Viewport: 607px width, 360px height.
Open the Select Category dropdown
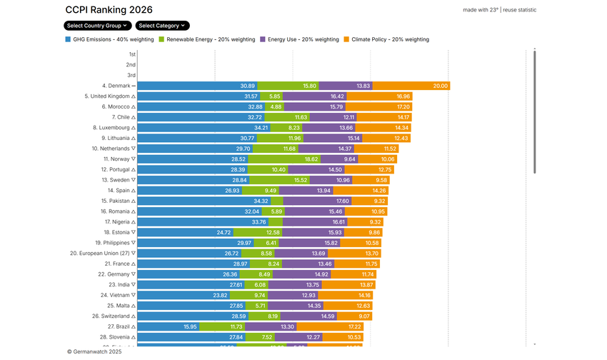click(x=163, y=26)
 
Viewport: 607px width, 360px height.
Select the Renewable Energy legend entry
click(x=206, y=39)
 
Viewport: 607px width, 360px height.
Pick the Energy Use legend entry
click(x=300, y=39)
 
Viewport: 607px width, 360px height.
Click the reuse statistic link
click(x=519, y=10)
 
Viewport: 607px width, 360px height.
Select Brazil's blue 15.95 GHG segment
click(x=169, y=326)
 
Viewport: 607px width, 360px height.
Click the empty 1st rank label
click(x=132, y=54)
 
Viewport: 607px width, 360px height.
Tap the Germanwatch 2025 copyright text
click(x=94, y=351)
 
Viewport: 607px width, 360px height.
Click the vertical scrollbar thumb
click(x=534, y=111)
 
